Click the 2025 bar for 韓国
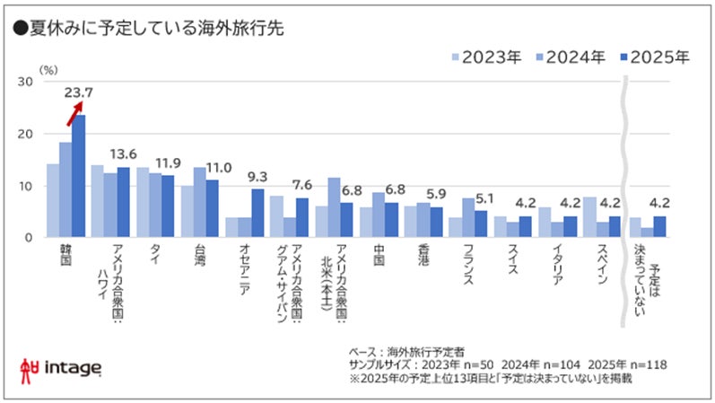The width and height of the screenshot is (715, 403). [x=79, y=176]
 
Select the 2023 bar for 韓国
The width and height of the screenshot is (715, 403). [x=53, y=200]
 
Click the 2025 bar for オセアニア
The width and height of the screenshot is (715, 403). [x=257, y=213]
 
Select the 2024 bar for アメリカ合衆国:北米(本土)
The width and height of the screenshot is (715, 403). [x=335, y=207]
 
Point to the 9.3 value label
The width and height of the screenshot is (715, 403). [x=257, y=176]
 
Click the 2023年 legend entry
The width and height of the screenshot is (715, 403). [x=484, y=57]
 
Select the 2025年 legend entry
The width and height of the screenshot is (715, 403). [x=653, y=57]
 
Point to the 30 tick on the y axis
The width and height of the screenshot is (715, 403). [x=26, y=82]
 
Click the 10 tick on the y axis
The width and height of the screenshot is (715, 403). [x=26, y=186]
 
